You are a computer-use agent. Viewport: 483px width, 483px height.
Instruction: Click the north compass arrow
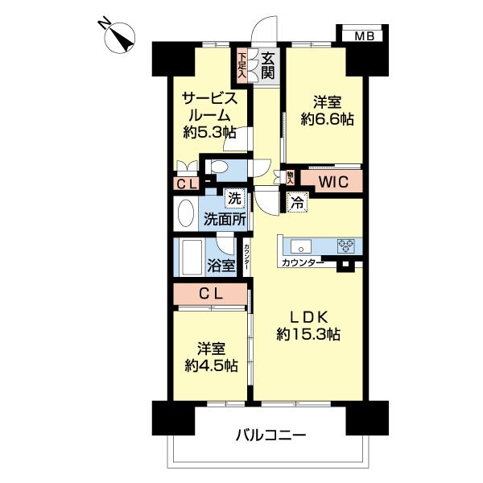pyautogui.click(x=125, y=37)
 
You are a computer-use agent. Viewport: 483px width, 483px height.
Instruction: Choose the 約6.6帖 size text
pyautogui.click(x=322, y=119)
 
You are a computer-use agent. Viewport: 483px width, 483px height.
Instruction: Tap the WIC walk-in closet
pyautogui.click(x=331, y=182)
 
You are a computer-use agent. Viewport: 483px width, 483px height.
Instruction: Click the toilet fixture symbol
pyautogui.click(x=217, y=167)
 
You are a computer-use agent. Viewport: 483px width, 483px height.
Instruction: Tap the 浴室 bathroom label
pyautogui.click(x=221, y=264)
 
